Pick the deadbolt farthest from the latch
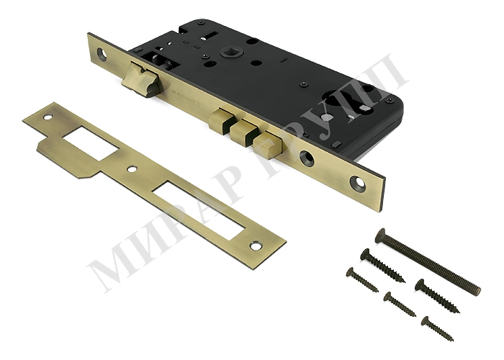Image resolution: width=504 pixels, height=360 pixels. point(268,145)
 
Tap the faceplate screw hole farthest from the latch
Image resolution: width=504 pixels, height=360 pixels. point(359,183)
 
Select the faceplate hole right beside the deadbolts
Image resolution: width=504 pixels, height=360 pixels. point(307,158)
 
